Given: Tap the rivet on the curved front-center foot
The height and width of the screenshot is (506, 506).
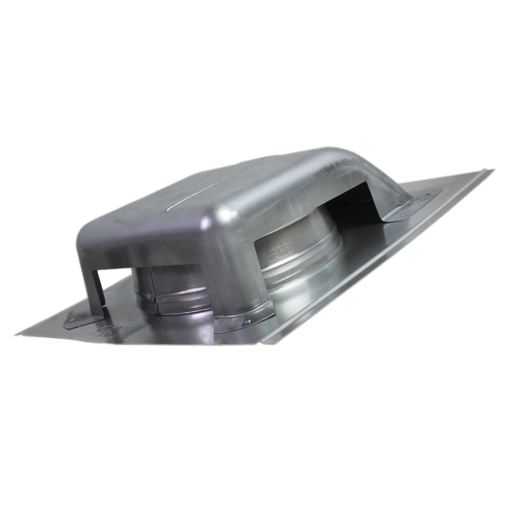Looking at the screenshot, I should point(247,321).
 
